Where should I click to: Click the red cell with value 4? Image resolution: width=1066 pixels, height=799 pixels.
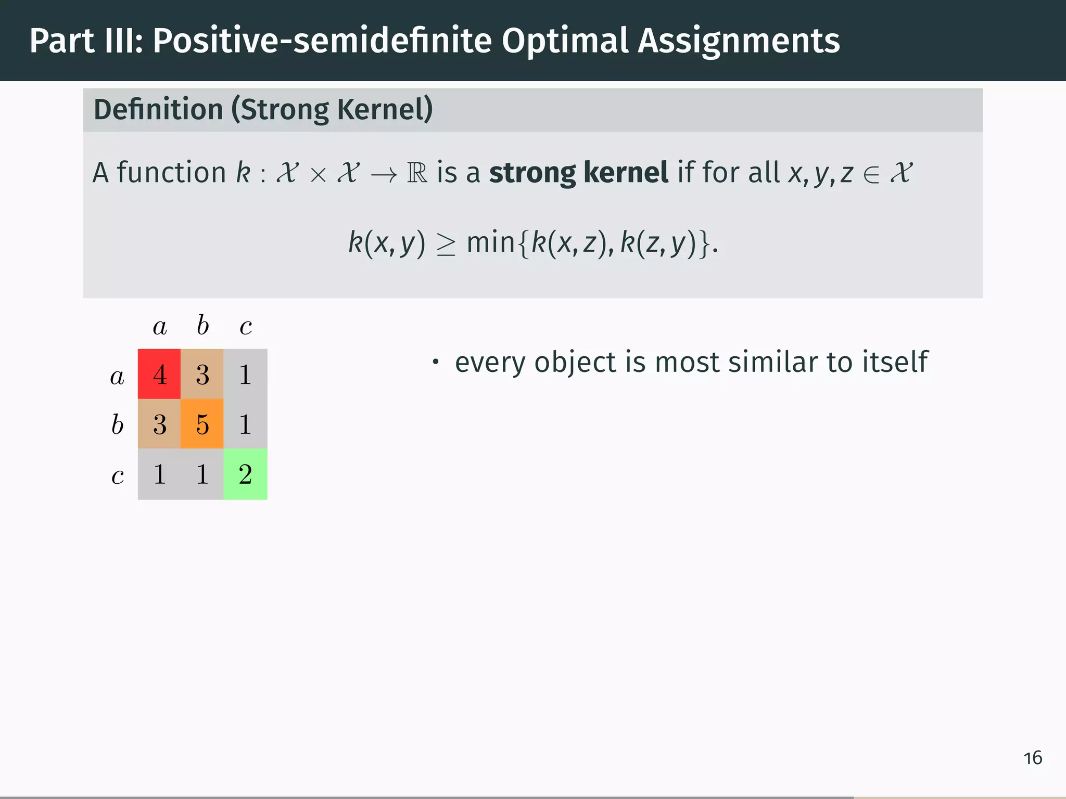tap(159, 374)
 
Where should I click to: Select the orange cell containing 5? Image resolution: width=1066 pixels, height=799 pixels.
tap(202, 424)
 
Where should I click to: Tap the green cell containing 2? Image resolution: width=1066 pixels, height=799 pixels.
tap(245, 474)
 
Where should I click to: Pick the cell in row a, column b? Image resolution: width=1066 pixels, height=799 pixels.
tap(202, 374)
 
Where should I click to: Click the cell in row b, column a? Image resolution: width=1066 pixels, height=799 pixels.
tap(159, 424)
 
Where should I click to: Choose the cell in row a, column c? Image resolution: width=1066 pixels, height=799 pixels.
tap(245, 374)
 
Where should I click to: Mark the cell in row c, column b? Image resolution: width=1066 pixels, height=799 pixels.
tap(202, 474)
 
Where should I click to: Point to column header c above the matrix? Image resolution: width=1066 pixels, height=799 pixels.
tap(246, 327)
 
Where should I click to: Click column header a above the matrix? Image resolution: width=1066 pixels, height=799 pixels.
tap(160, 327)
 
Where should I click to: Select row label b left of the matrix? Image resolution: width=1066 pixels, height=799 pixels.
tap(118, 424)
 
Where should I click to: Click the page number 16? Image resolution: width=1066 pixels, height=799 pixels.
tap(1033, 758)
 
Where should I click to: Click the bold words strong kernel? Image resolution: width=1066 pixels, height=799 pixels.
tap(578, 173)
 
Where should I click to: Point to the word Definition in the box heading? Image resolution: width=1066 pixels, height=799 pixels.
tap(158, 110)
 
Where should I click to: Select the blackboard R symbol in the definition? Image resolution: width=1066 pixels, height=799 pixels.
tap(417, 173)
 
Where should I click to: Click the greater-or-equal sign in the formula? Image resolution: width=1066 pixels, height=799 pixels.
tap(446, 245)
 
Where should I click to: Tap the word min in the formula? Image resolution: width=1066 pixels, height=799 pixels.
tap(490, 243)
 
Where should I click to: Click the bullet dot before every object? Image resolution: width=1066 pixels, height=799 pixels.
tap(436, 362)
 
